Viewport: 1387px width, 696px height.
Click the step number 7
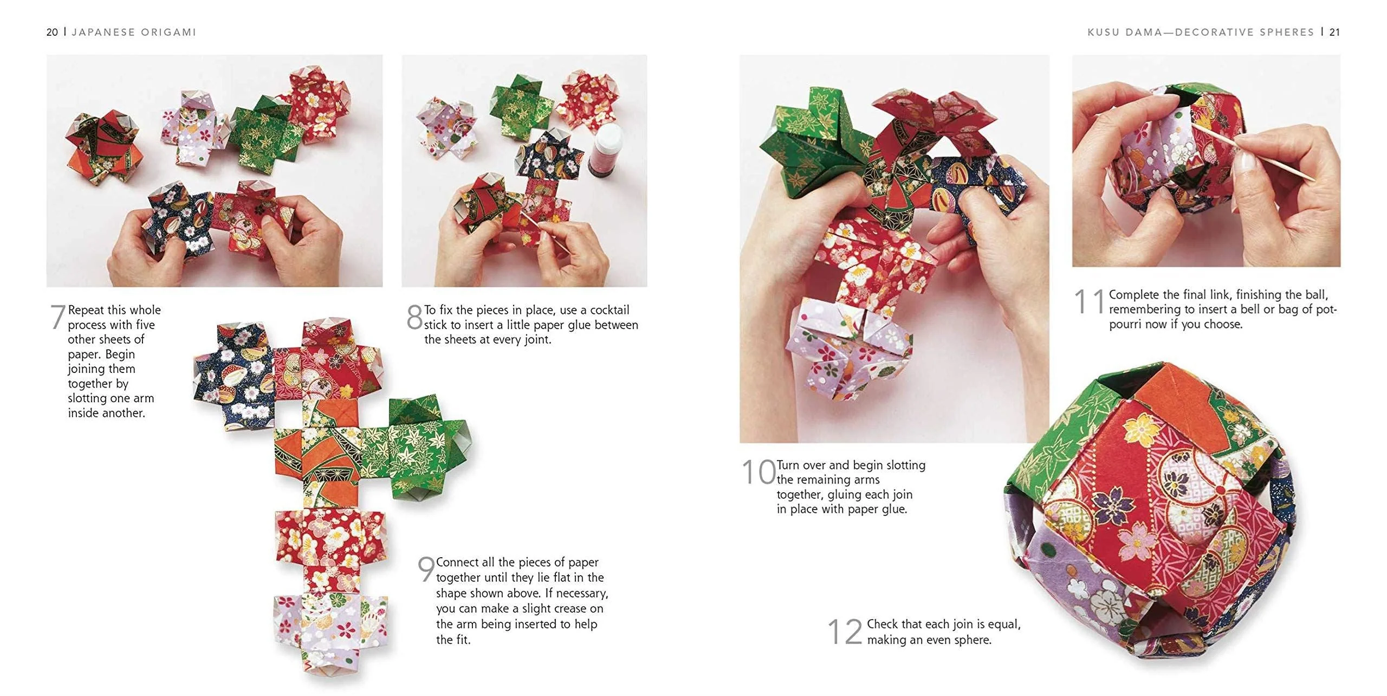click(x=57, y=317)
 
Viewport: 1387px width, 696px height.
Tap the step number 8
click(x=414, y=317)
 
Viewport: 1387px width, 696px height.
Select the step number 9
click(x=426, y=569)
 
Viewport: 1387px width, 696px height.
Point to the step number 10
click(x=759, y=472)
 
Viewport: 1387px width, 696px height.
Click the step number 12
click(x=845, y=631)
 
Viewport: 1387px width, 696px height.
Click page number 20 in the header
click(x=52, y=33)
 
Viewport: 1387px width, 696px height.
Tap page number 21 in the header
click(x=1335, y=33)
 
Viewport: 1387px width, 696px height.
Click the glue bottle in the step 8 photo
click(x=605, y=149)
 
